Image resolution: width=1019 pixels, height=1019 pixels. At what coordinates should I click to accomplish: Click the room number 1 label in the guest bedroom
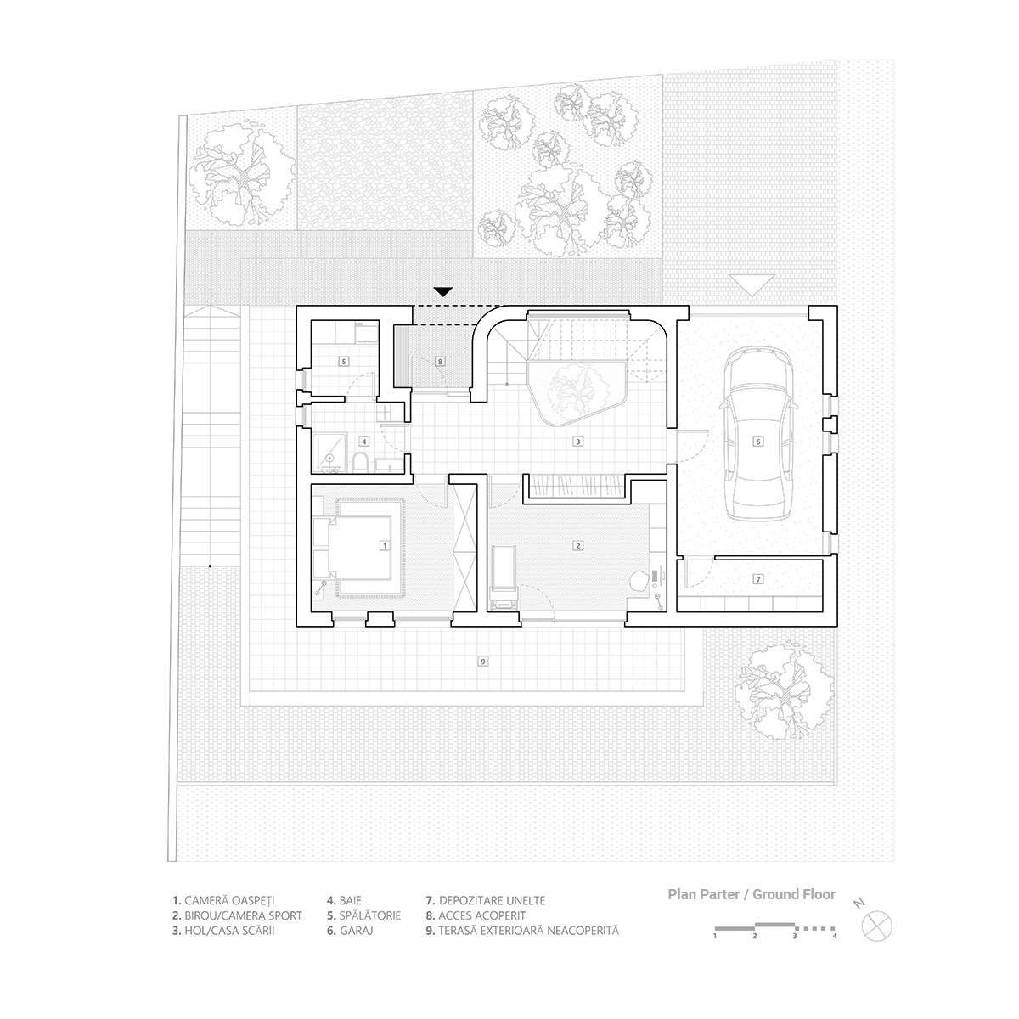coord(385,545)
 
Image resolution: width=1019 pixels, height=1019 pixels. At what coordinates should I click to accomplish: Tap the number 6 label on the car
coord(759,441)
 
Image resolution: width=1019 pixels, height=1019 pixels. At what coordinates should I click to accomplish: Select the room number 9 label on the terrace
coord(482,661)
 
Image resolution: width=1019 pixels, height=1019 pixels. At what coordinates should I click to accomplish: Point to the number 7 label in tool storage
coord(759,578)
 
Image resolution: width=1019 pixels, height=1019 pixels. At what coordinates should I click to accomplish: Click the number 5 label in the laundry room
coord(344,361)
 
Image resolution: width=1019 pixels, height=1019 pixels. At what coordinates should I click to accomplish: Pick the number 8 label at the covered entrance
coord(440,361)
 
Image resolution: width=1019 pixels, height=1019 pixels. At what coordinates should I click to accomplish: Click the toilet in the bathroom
coord(361,461)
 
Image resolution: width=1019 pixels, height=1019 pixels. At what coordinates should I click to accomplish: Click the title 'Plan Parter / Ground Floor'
coord(752,894)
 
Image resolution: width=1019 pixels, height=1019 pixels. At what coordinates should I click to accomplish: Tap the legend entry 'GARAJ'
coord(351,931)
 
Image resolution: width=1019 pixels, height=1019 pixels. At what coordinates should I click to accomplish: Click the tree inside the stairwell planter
coord(576,393)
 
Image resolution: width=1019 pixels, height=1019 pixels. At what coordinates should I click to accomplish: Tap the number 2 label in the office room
coord(577,545)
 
